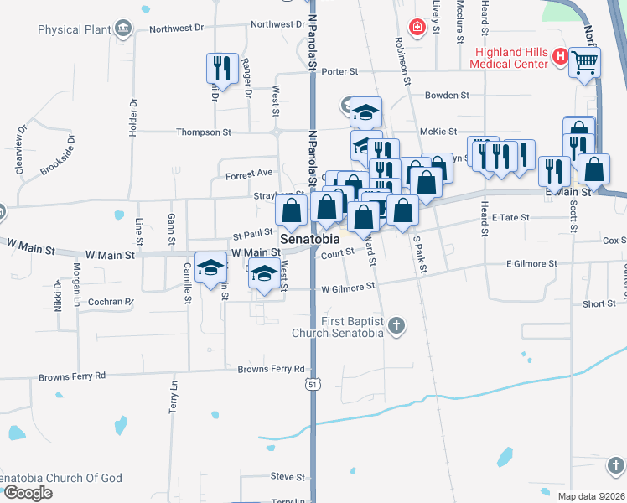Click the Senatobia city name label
310,239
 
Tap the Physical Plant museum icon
123,30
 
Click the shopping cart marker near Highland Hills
584,61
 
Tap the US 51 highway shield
312,384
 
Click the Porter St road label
339,72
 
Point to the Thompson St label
203,132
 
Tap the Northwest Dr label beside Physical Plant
177,28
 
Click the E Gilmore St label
531,264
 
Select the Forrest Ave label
249,174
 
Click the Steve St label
288,477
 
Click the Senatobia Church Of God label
63,479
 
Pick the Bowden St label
445,96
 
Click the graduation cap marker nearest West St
265,275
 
